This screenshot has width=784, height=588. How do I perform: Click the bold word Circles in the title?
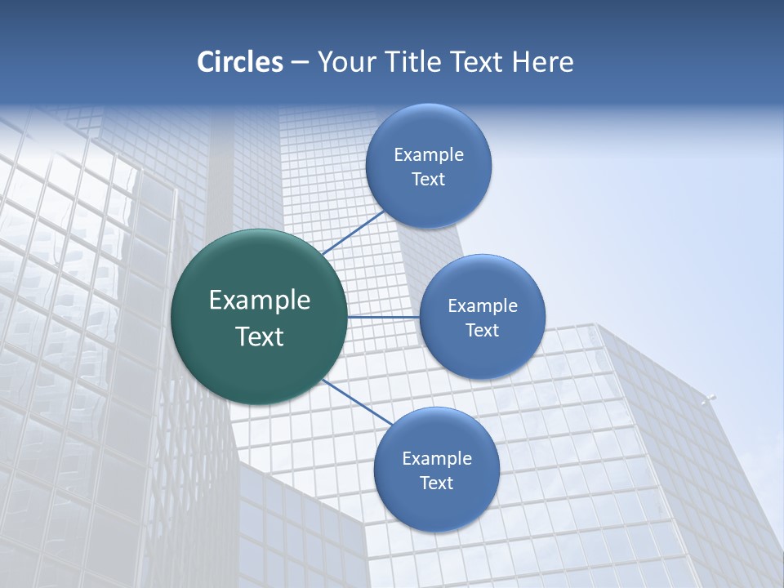click(239, 62)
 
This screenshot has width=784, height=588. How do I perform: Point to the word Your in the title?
click(346, 62)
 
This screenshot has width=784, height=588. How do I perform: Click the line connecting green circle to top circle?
click(353, 233)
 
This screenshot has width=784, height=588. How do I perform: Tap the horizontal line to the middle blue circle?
click(384, 317)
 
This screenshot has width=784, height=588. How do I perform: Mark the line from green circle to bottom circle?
click(356, 401)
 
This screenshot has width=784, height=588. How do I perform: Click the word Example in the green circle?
click(260, 301)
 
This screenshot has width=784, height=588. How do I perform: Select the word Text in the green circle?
click(260, 336)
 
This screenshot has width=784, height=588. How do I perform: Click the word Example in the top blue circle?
click(429, 154)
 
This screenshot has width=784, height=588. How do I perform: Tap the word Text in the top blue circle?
click(429, 180)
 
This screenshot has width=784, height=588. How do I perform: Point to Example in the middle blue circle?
click(483, 305)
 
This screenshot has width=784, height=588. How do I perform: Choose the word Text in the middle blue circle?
click(483, 330)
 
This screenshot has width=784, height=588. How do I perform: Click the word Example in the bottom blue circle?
click(437, 458)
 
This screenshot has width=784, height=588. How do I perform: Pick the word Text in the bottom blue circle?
click(437, 483)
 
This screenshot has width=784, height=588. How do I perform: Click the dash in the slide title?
click(300, 63)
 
